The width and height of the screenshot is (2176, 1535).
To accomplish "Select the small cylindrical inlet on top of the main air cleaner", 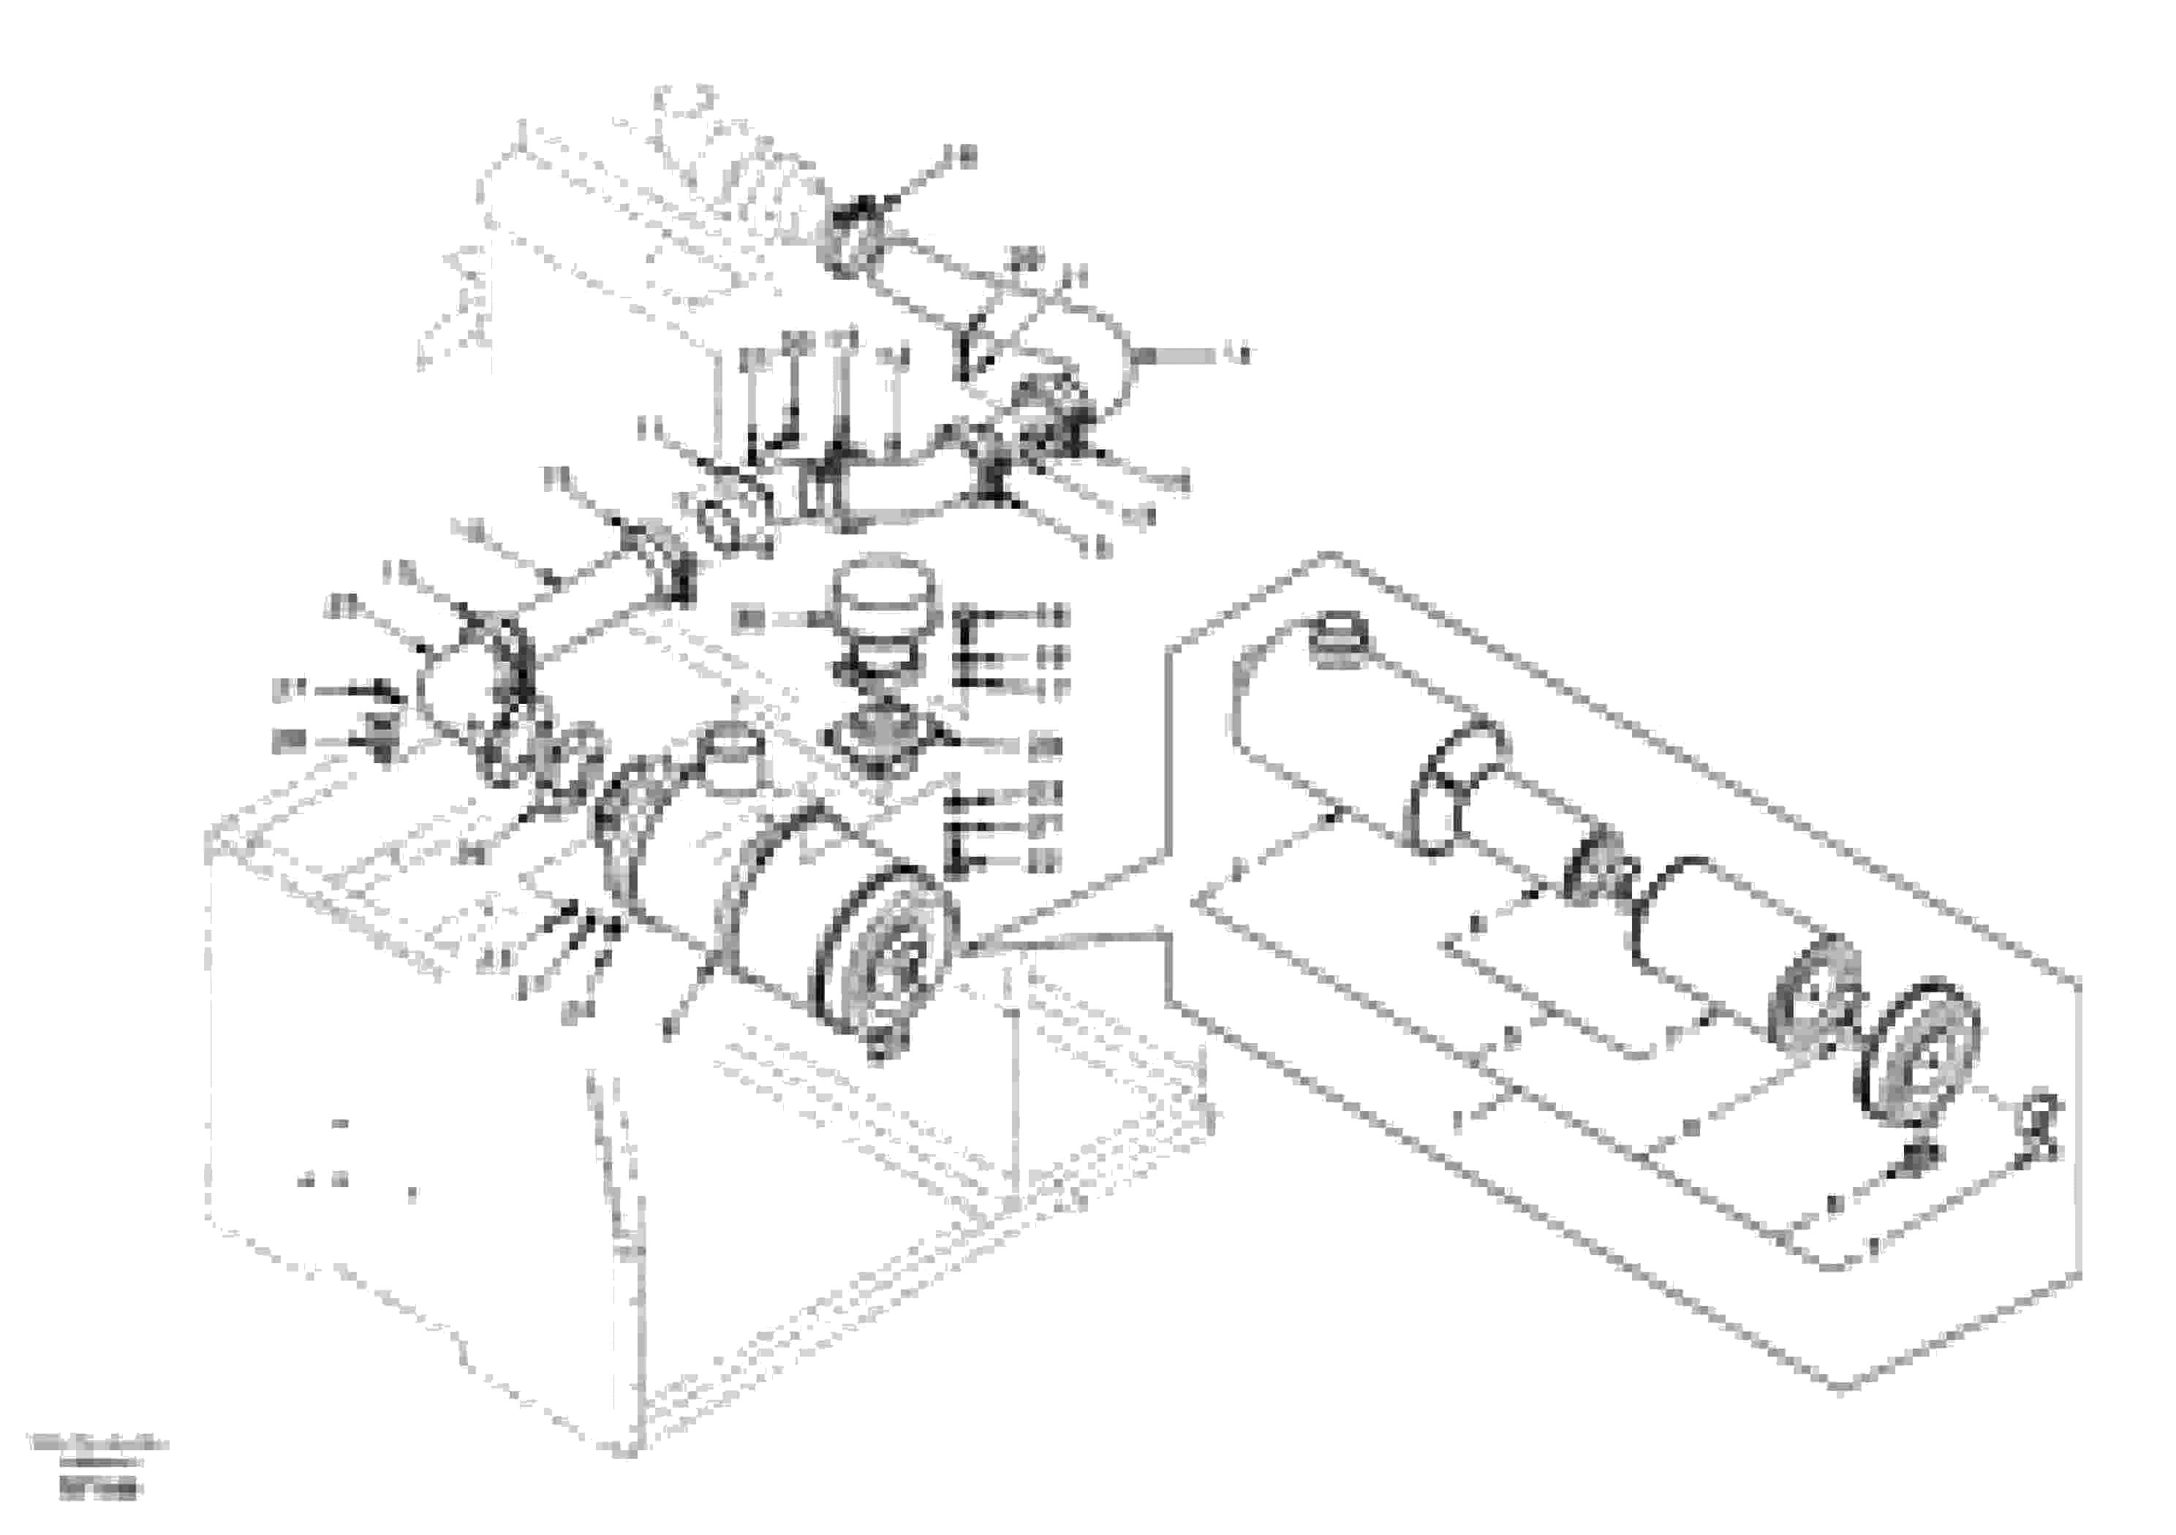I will tap(735, 758).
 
